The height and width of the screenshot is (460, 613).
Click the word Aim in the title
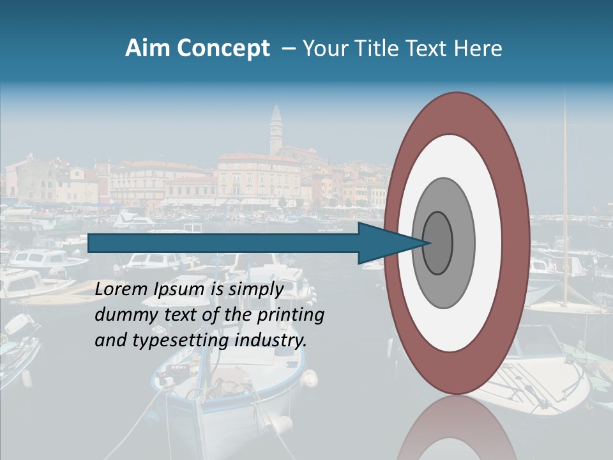pos(148,49)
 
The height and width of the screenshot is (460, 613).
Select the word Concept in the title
pos(223,49)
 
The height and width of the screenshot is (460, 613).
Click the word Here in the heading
pos(478,49)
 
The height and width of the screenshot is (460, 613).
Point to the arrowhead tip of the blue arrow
pos(429,243)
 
